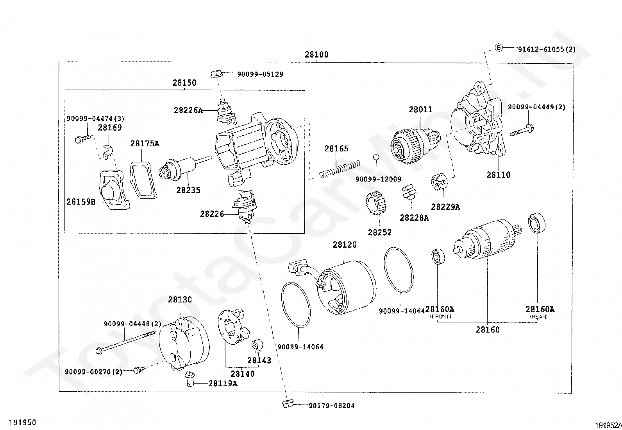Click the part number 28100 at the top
[316, 55]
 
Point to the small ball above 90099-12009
[376, 157]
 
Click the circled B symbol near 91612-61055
[499, 48]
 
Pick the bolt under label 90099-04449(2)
[522, 130]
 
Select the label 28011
[420, 110]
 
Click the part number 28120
[345, 245]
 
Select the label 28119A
[222, 383]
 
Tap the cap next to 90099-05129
[216, 74]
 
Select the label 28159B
[81, 202]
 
